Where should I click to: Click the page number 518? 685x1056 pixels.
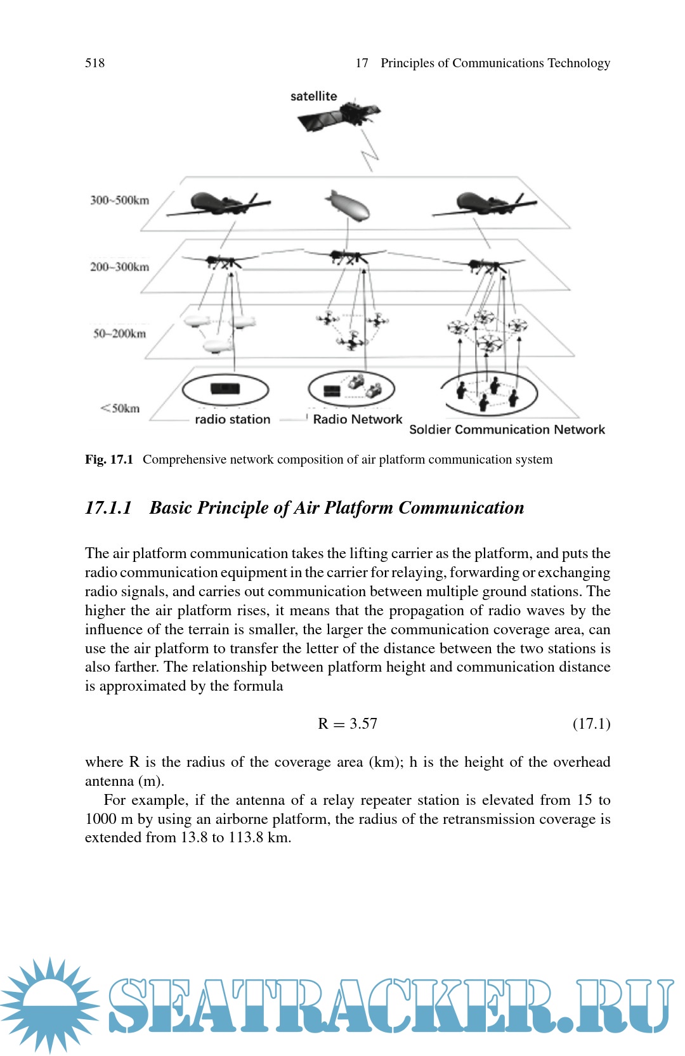point(95,63)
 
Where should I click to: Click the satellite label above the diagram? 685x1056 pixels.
point(313,96)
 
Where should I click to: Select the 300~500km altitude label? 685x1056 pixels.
point(119,200)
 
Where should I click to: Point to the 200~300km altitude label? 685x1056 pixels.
point(119,267)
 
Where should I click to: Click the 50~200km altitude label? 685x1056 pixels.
point(119,334)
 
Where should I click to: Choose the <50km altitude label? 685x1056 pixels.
point(120,408)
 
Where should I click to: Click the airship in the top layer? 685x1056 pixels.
point(347,206)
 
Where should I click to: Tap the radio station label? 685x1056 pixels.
point(232,419)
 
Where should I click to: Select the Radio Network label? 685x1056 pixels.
point(357,419)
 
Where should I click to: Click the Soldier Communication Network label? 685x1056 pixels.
point(507,429)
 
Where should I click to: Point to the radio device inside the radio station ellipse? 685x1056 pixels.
point(225,389)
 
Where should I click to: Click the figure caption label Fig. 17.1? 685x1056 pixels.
point(109,459)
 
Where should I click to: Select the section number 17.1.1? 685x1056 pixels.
point(108,508)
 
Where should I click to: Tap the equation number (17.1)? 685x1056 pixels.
point(591,724)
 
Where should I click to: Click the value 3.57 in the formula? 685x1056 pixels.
point(363,724)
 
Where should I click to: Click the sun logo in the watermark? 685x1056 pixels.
point(49,1005)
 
